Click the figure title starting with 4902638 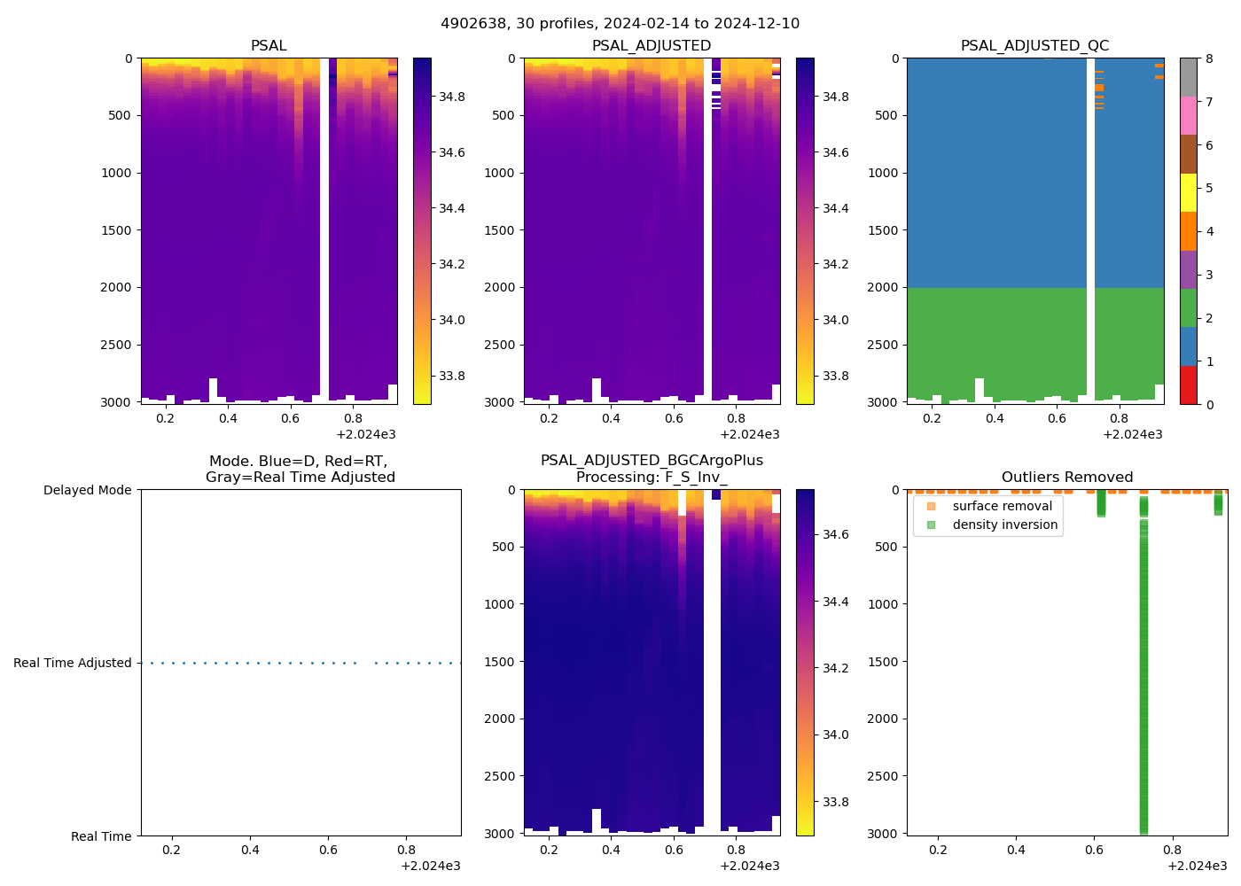(620, 24)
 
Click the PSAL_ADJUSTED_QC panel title (1034, 46)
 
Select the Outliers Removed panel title (1067, 478)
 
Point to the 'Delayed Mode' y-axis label (87, 490)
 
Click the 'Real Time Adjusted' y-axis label (72, 663)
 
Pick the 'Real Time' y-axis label (101, 836)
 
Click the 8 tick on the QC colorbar (1209, 58)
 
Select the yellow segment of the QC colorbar (1188, 192)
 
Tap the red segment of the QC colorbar (1188, 385)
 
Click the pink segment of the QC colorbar (1188, 115)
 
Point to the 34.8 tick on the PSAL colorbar (452, 97)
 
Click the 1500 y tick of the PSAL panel (116, 230)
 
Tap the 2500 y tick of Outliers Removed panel (882, 776)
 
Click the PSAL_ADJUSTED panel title (652, 46)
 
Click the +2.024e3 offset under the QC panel (1132, 434)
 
